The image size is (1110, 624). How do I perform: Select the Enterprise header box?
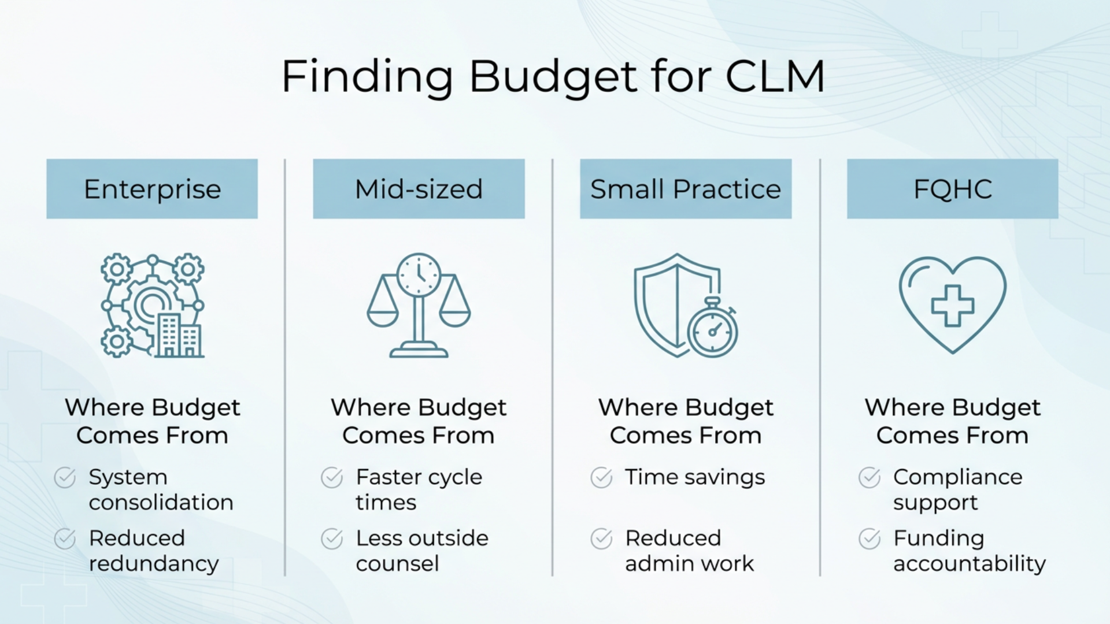tap(152, 189)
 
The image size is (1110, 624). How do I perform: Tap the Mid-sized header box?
tap(419, 189)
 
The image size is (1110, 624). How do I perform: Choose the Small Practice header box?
tap(686, 189)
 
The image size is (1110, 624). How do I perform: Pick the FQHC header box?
tap(952, 189)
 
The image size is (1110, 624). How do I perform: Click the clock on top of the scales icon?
tap(419, 274)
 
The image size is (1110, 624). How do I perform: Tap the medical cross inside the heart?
tap(952, 305)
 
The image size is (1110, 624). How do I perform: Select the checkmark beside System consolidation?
tap(65, 478)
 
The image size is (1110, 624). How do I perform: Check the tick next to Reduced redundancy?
tap(65, 538)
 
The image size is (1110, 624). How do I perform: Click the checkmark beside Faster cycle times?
tap(332, 478)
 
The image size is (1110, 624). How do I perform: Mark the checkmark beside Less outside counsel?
tap(332, 538)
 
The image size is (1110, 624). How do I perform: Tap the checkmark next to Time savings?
tap(601, 478)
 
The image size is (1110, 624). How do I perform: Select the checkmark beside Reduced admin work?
tap(601, 538)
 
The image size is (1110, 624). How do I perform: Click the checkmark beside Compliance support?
tap(869, 478)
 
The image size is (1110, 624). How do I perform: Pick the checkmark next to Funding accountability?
tap(869, 538)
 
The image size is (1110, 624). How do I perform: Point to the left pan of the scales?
tap(383, 317)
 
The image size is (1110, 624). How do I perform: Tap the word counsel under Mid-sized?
tap(397, 563)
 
